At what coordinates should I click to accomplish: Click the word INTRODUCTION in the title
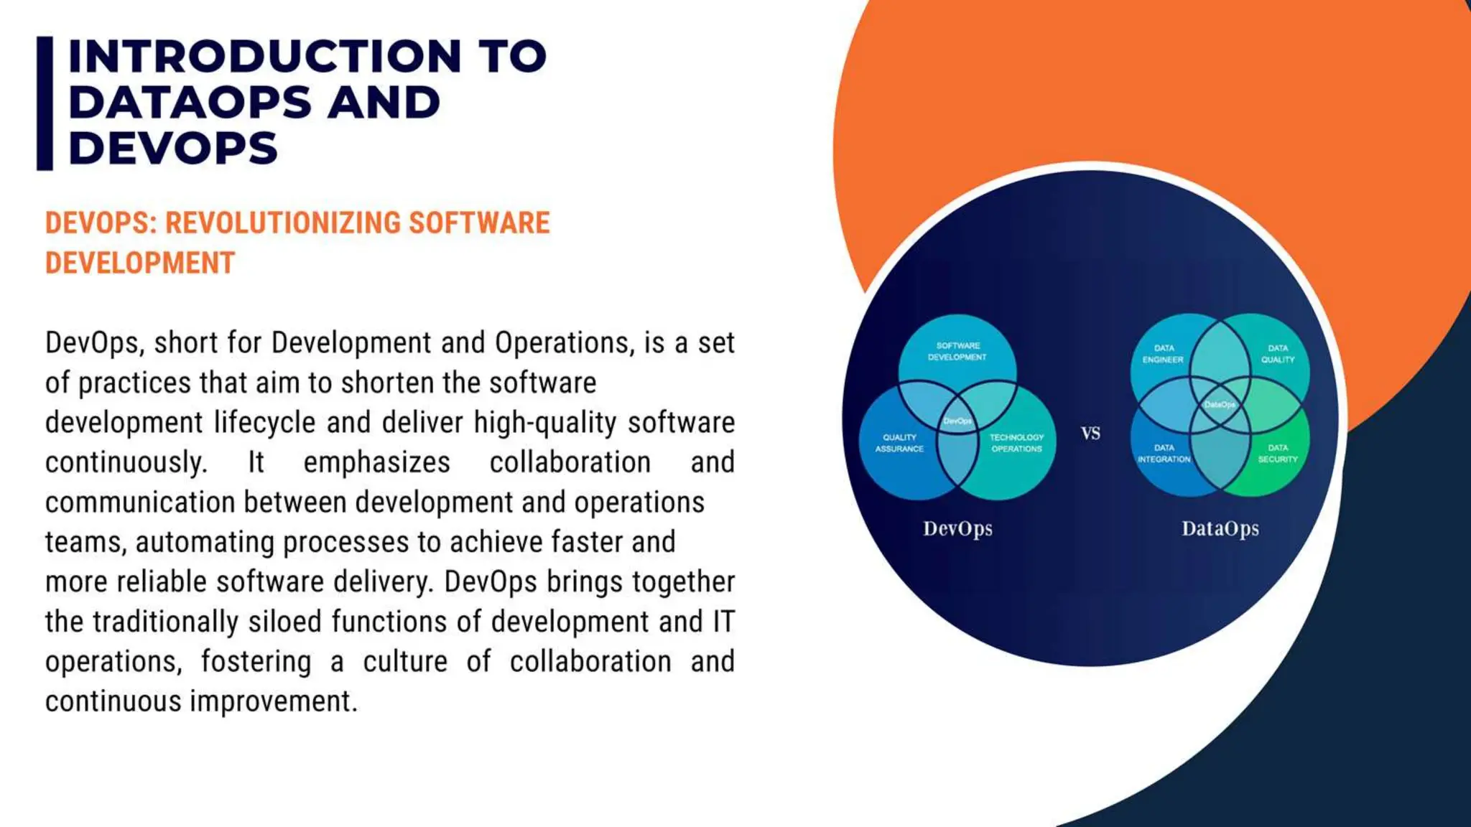coord(264,56)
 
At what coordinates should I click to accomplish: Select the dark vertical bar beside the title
coord(45,103)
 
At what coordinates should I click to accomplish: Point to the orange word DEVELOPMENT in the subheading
coord(140,263)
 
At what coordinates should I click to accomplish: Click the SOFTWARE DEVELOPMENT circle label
coord(957,351)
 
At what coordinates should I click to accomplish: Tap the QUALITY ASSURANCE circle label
coord(899,443)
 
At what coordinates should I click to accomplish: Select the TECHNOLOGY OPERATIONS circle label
coord(1016,443)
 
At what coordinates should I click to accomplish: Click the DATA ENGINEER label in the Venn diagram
coord(1163,354)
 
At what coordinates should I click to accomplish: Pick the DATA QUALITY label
coord(1278,354)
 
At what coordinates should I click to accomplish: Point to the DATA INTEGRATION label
coord(1164,453)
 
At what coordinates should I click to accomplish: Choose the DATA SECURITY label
coord(1278,453)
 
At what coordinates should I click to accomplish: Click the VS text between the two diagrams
coord(1090,434)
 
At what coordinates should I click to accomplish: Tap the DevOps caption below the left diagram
coord(957,529)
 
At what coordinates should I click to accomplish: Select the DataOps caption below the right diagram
coord(1220,529)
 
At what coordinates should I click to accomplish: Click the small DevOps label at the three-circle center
coord(957,421)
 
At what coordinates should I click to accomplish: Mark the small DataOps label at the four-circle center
coord(1220,405)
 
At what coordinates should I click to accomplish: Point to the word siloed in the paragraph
coord(284,622)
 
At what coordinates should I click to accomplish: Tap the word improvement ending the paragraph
coord(273,701)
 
